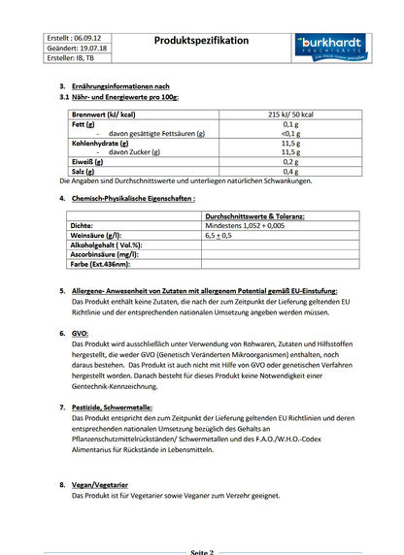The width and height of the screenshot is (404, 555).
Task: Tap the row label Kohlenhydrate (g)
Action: [92, 143]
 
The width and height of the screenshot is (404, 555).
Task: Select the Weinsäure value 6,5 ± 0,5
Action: [219, 235]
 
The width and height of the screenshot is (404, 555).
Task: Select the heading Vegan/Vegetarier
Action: [104, 482]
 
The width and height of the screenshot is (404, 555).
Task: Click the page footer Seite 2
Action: [201, 550]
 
